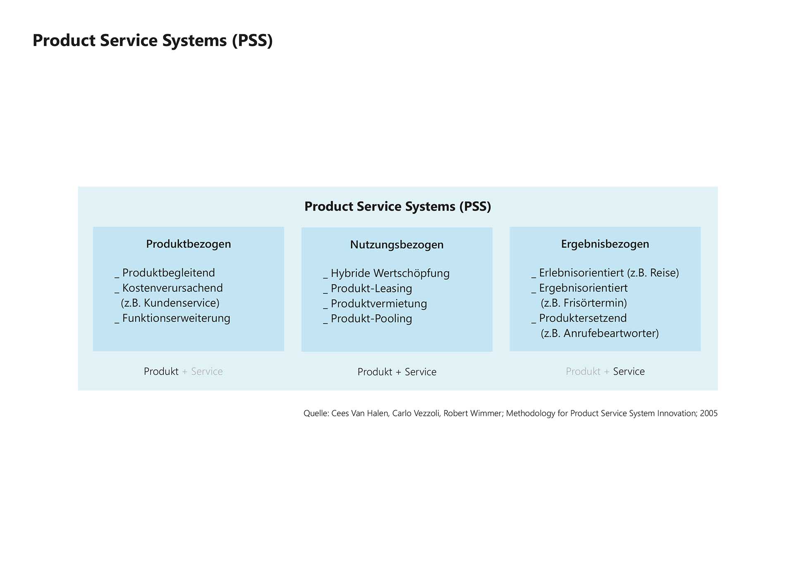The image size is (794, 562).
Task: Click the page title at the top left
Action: tap(153, 41)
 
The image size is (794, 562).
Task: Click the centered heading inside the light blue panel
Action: tap(397, 206)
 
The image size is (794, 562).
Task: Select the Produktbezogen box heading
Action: tap(188, 244)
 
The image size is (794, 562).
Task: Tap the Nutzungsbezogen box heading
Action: tap(397, 245)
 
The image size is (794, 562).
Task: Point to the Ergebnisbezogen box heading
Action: tap(605, 244)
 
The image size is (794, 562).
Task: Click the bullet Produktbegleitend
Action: tap(168, 273)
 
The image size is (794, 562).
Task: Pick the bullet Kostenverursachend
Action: tap(172, 288)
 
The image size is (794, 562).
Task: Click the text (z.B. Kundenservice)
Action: tap(170, 303)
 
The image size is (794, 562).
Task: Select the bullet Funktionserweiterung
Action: tap(176, 318)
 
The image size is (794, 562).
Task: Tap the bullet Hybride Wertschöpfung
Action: tap(390, 273)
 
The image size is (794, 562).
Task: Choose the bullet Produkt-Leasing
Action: tap(371, 288)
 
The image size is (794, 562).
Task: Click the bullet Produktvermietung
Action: tap(378, 303)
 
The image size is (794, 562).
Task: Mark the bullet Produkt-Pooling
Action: tap(371, 319)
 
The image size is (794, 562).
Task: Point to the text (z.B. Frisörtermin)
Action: tap(584, 303)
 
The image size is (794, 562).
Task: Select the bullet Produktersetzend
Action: tap(582, 318)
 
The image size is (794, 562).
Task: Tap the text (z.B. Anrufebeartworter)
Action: tap(599, 333)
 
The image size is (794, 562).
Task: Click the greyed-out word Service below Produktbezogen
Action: tap(207, 371)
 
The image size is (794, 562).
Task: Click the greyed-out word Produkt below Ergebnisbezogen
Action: tap(583, 371)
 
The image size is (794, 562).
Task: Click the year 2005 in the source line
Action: tap(708, 413)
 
